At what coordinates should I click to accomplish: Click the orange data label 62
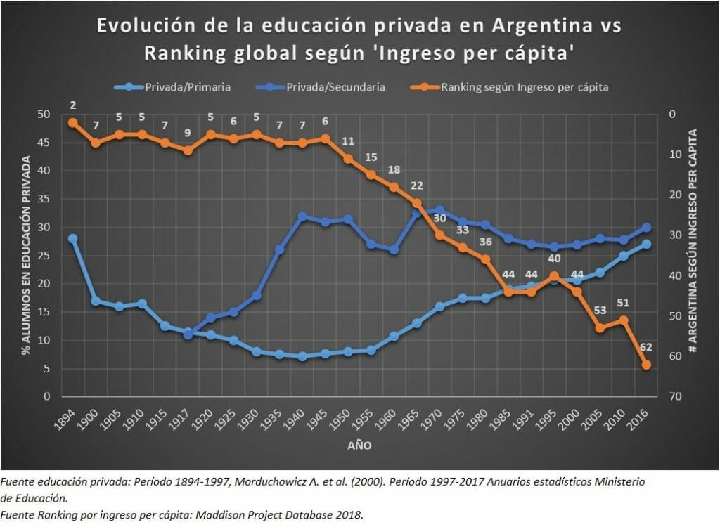click(x=645, y=346)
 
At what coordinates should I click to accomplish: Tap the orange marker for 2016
click(x=646, y=365)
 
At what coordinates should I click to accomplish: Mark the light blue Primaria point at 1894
click(x=72, y=238)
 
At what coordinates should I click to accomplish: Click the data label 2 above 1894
click(x=72, y=105)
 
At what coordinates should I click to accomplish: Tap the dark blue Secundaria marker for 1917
click(x=188, y=334)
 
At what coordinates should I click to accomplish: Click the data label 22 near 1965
click(x=417, y=186)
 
